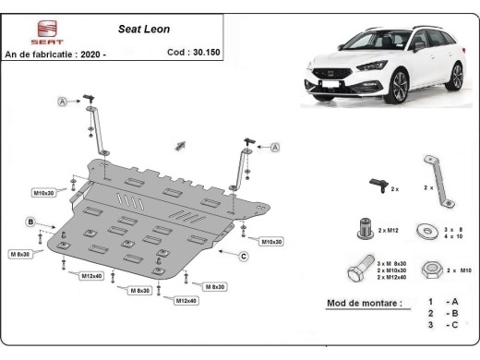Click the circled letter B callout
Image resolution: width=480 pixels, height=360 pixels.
click(x=30, y=222)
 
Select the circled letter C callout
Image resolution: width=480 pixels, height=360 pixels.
click(x=245, y=256)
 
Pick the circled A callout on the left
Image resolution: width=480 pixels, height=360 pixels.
click(x=63, y=101)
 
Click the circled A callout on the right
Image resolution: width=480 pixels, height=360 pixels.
click(x=275, y=146)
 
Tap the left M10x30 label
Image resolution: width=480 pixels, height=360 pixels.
click(x=43, y=193)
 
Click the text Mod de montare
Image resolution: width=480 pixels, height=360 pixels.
click(x=365, y=303)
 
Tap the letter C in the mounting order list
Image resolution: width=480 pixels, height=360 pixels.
click(x=452, y=326)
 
